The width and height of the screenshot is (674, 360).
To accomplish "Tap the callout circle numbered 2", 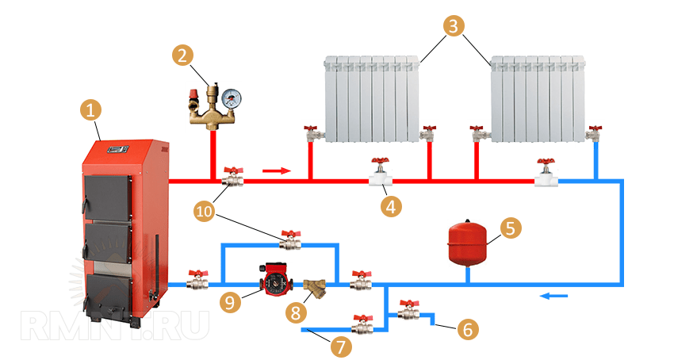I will (183, 55).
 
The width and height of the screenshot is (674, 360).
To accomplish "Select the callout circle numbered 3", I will (453, 25).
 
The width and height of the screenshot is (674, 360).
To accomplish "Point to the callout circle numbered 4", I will (390, 207).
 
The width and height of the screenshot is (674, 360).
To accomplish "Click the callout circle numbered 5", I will (510, 228).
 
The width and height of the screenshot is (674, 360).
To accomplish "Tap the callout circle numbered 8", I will (297, 312).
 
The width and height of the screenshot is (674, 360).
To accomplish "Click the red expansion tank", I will (465, 243).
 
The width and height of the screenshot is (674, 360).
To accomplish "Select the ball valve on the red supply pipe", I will (233, 177).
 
